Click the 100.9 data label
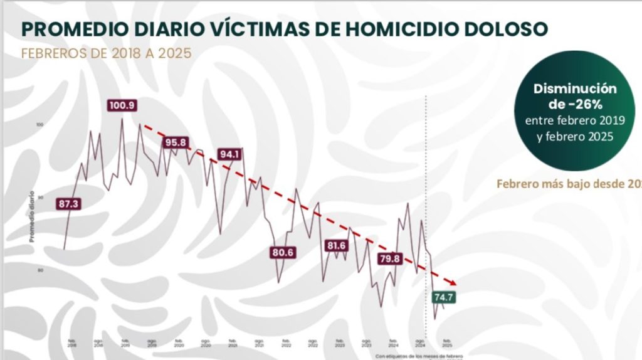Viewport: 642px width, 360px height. point(122,105)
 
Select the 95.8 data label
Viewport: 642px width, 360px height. point(177,142)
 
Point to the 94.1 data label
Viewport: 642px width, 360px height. point(230,154)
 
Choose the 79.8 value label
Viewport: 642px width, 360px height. point(390,258)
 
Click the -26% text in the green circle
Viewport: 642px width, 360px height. point(576,103)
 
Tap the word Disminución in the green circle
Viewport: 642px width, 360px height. point(575,88)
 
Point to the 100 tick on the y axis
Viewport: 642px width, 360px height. point(40,125)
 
